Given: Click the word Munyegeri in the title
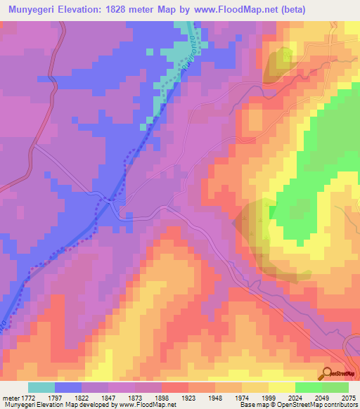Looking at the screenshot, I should pyautogui.click(x=35, y=10).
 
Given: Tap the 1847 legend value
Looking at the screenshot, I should pyautogui.click(x=108, y=398).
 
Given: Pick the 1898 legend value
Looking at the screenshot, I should pyautogui.click(x=162, y=398).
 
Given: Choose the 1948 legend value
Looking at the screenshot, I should pyautogui.click(x=215, y=398).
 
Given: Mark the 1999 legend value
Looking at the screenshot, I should pyautogui.click(x=269, y=398).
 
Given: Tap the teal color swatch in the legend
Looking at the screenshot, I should pyautogui.click(x=41, y=387).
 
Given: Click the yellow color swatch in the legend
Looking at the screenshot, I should pyautogui.click(x=281, y=387).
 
